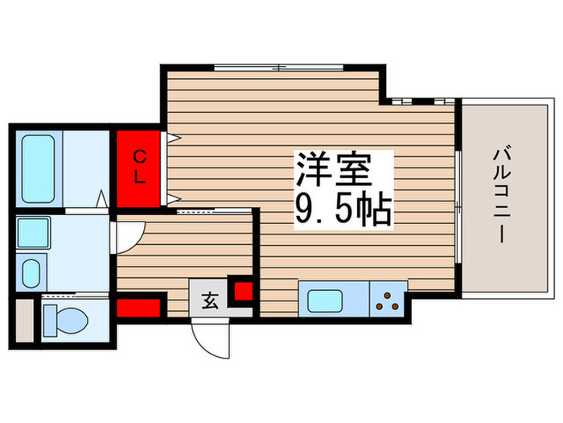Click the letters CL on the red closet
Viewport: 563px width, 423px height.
click(139, 167)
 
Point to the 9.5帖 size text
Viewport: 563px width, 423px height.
click(342, 210)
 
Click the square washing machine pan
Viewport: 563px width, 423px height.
click(34, 232)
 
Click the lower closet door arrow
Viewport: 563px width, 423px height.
click(172, 198)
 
